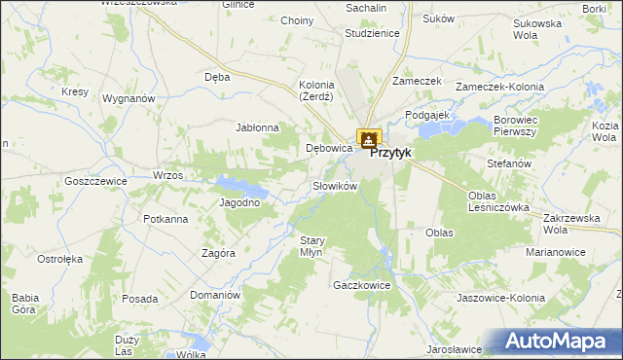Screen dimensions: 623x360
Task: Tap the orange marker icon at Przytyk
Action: click(369, 140)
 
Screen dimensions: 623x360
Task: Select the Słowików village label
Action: click(336, 185)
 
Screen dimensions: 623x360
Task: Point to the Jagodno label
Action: click(239, 202)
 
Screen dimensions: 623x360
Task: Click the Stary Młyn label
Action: click(311, 246)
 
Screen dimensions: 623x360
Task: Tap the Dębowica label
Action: click(328, 149)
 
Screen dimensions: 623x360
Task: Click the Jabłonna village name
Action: click(258, 127)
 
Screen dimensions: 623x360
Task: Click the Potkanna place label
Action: click(165, 219)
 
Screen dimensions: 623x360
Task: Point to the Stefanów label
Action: click(509, 163)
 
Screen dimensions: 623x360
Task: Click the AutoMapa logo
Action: click(557, 342)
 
